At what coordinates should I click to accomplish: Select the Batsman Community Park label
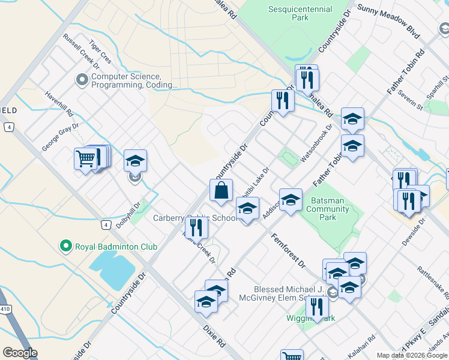point(327,209)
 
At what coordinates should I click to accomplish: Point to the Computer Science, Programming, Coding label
point(133,81)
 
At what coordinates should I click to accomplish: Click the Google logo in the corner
point(20,353)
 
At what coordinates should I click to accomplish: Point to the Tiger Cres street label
point(100,52)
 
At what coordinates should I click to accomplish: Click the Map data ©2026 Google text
point(412,355)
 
